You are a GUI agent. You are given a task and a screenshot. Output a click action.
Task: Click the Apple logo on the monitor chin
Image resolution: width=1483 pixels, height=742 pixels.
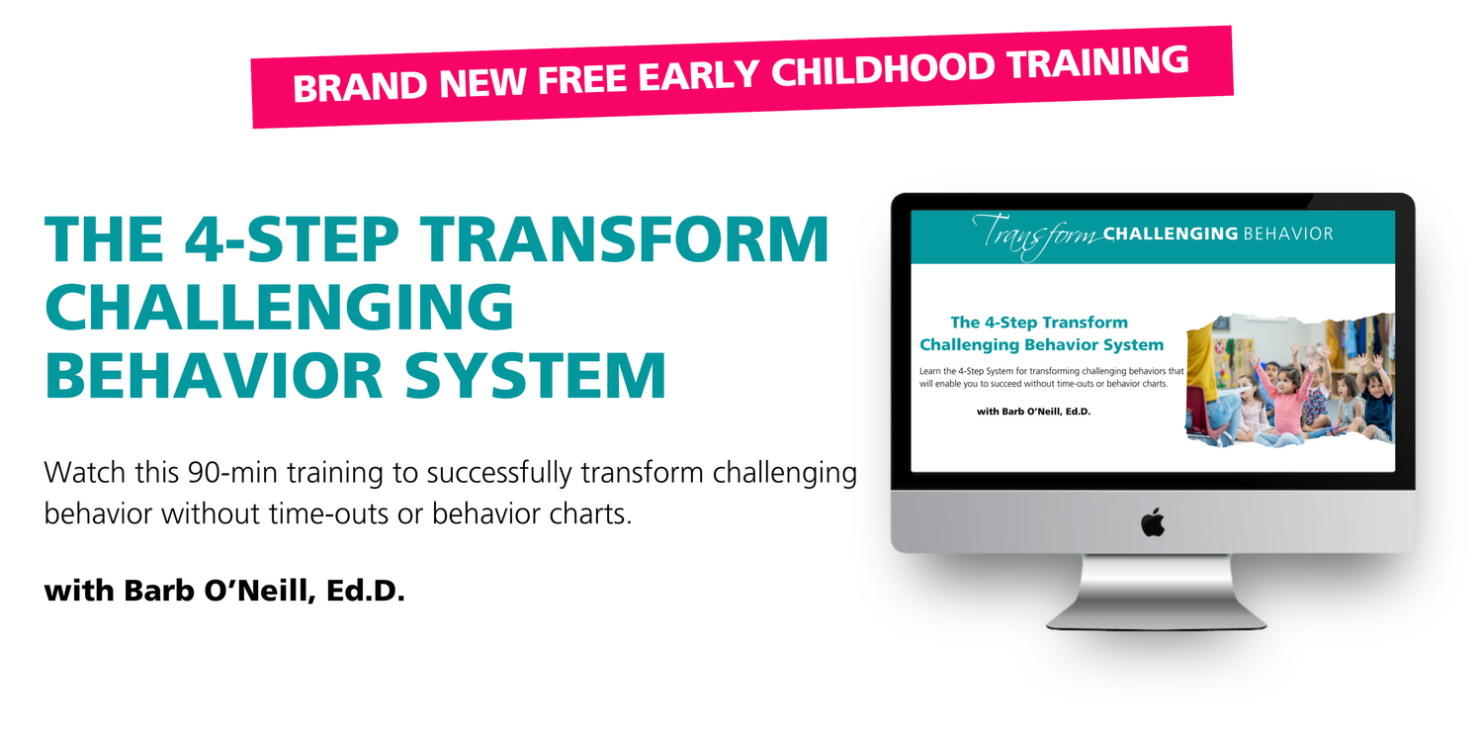[1153, 522]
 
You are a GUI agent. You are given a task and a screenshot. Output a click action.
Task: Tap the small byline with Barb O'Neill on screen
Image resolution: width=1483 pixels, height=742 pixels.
[1033, 411]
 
